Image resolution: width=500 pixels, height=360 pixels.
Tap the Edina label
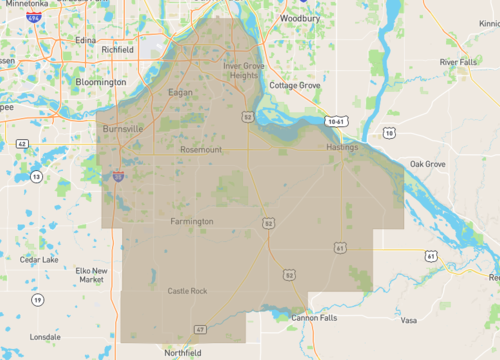[x=85, y=40]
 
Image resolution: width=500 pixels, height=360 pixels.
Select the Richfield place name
[x=117, y=49]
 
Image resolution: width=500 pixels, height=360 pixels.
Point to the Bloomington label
[x=102, y=82]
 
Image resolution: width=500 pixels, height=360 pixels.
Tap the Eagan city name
[x=180, y=91]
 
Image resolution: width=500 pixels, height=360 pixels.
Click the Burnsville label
[x=124, y=129]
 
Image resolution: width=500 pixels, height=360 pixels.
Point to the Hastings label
[x=341, y=147]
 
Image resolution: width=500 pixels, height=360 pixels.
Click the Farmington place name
[x=192, y=221]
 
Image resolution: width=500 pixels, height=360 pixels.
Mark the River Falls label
[x=458, y=62]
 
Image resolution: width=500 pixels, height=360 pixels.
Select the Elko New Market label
[x=91, y=275]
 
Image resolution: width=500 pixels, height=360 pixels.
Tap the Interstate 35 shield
[x=119, y=177]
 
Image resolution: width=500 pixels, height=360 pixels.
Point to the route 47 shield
[x=201, y=329]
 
